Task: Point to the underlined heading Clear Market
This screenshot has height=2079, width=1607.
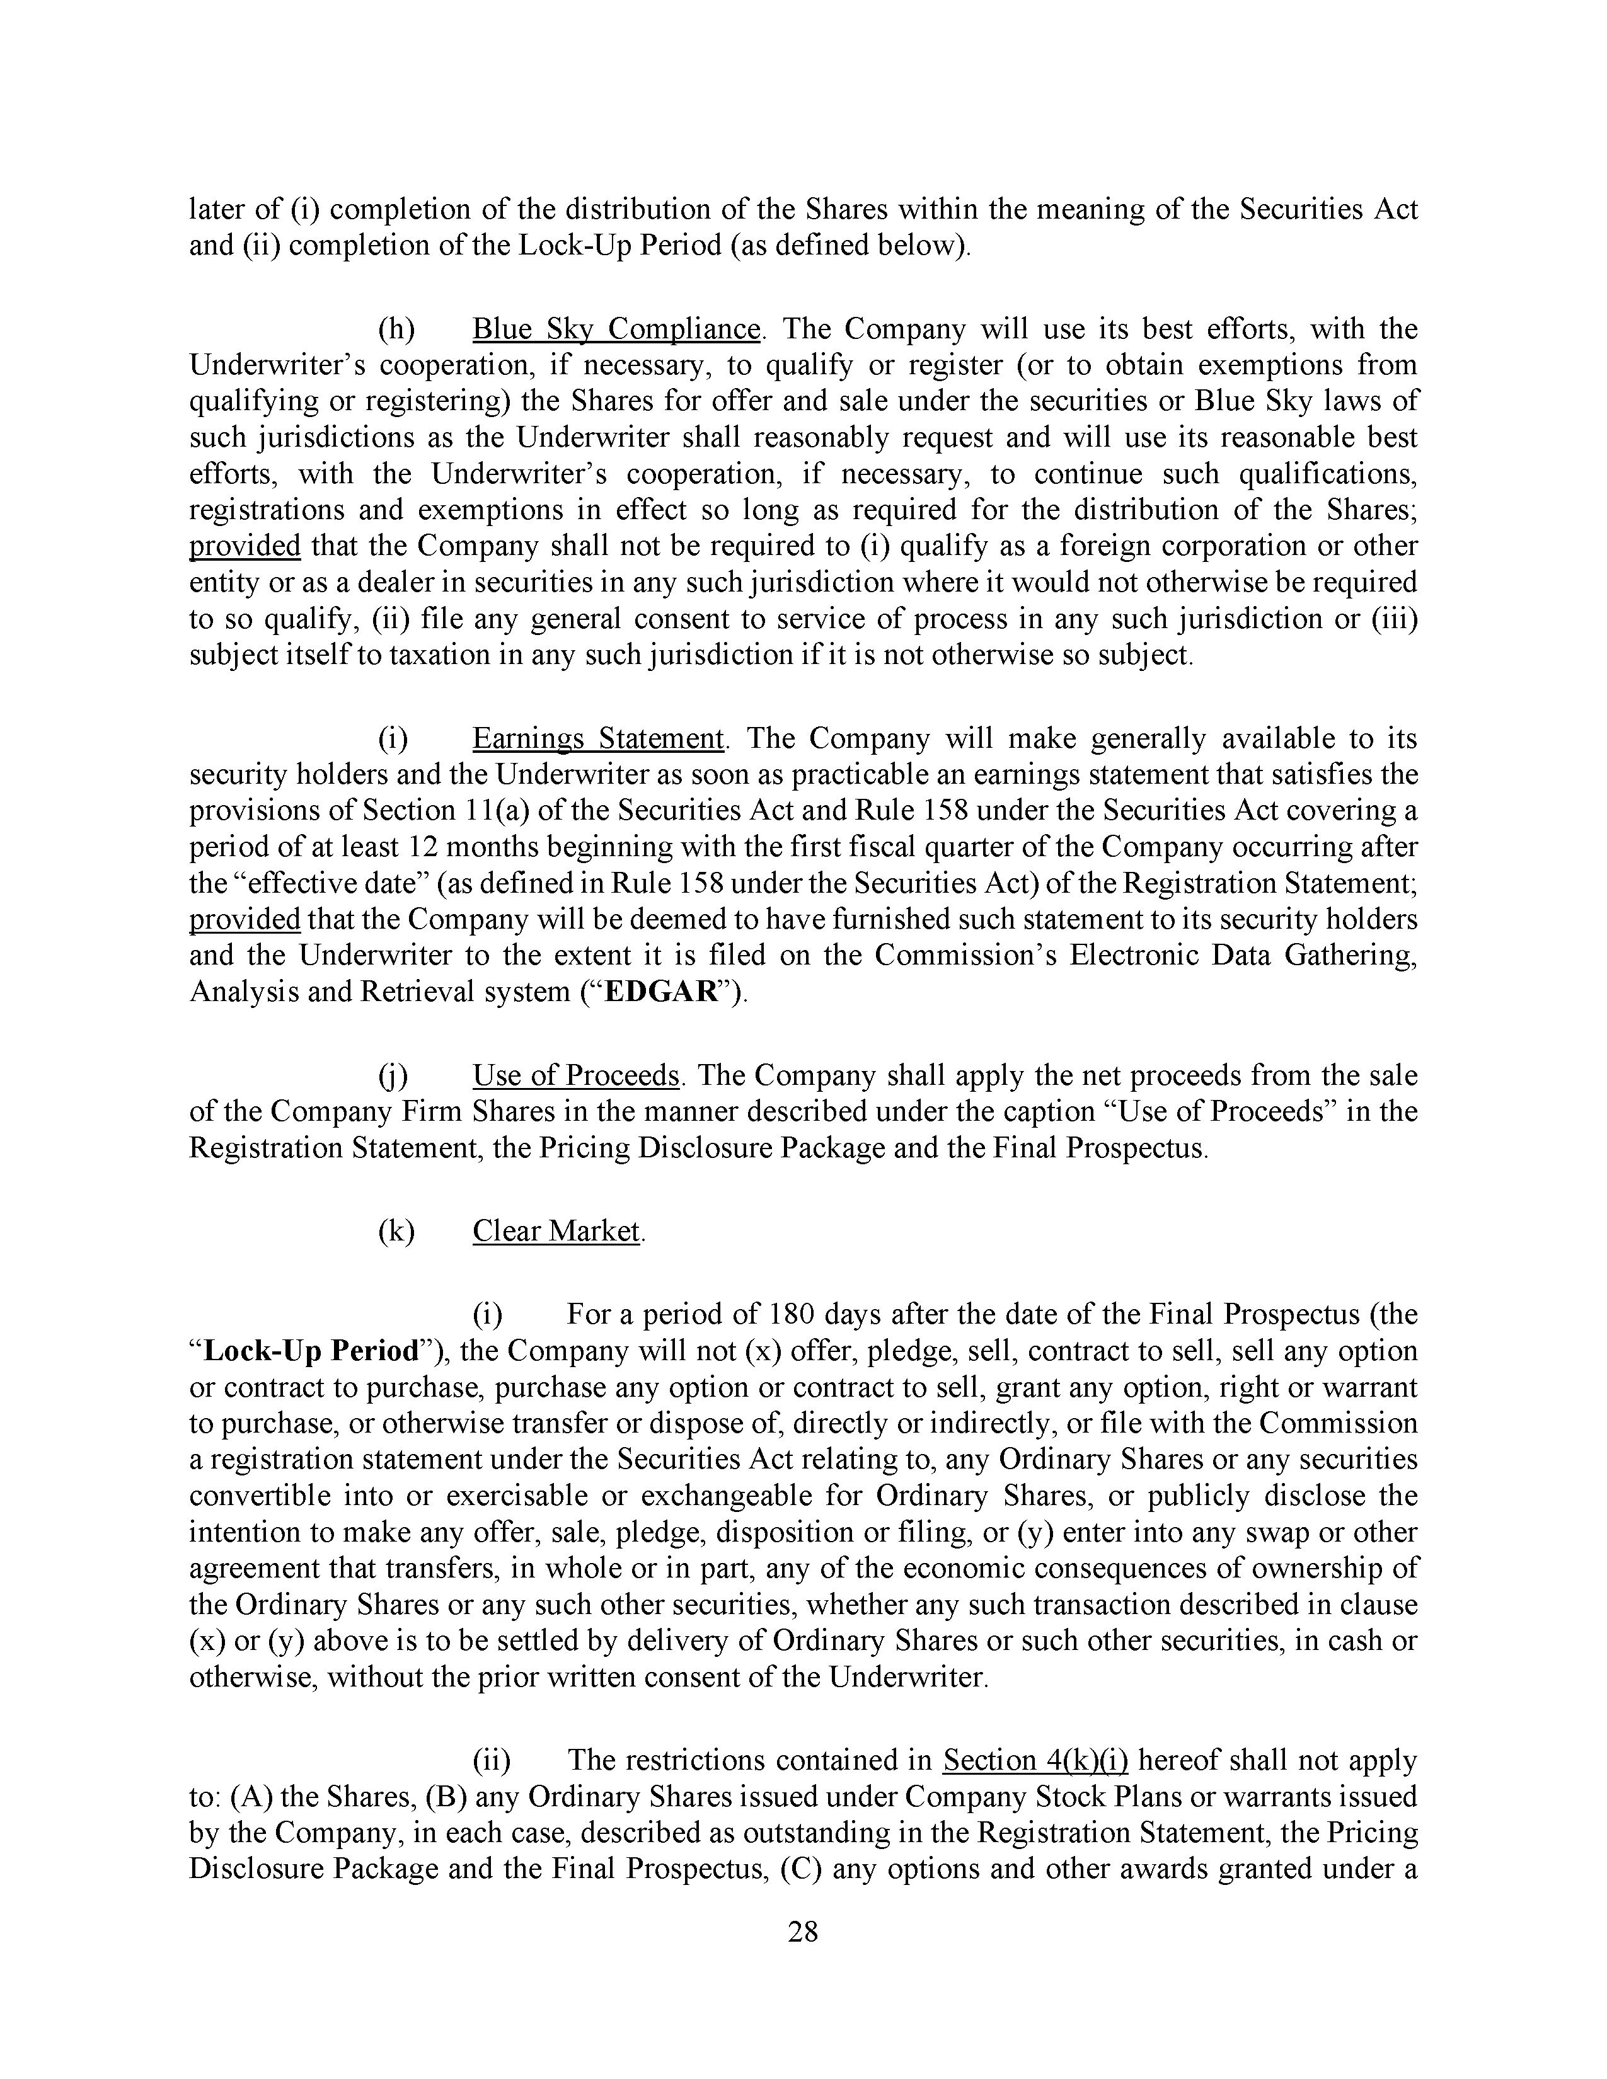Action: pos(557,1231)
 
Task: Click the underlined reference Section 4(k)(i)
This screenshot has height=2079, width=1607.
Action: pos(1035,1760)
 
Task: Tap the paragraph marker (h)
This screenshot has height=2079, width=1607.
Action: pos(396,329)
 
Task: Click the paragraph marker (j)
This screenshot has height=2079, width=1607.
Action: pos(393,1075)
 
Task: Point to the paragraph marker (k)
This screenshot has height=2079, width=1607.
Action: pos(396,1231)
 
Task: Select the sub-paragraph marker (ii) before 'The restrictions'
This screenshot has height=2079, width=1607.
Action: pos(492,1760)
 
